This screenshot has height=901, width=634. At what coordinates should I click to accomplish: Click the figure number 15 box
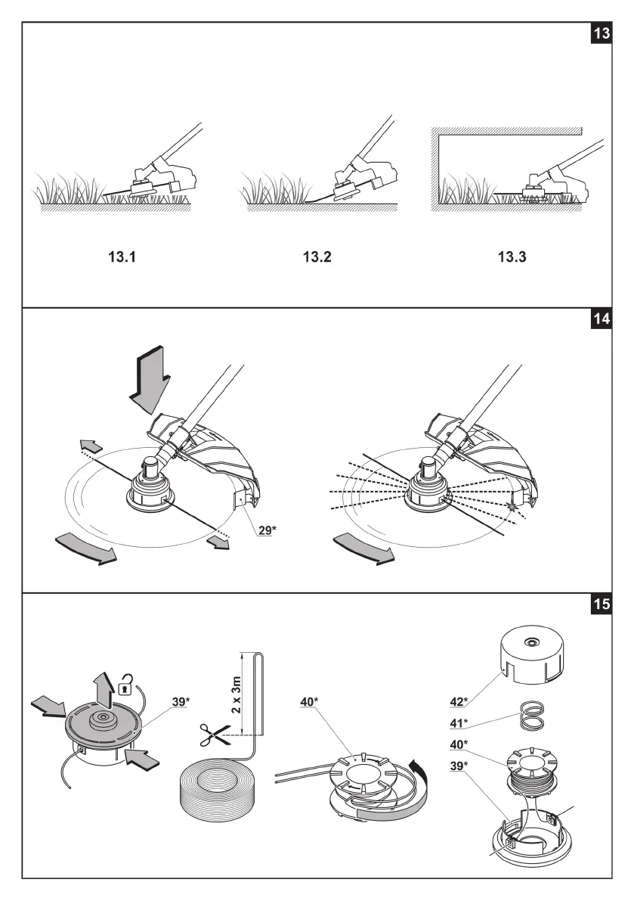pyautogui.click(x=602, y=607)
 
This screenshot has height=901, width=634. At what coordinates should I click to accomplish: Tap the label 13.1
pyautogui.click(x=119, y=257)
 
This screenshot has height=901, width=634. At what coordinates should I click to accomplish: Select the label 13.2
pyautogui.click(x=317, y=257)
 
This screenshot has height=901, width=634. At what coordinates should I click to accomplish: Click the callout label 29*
pyautogui.click(x=266, y=530)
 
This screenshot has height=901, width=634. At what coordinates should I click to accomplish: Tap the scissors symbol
pyautogui.click(x=212, y=733)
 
